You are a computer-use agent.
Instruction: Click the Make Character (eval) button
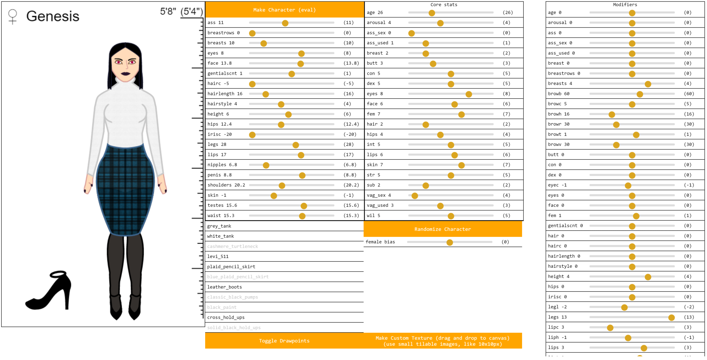pyautogui.click(x=284, y=10)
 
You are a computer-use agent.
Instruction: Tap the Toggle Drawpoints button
pyautogui.click(x=284, y=341)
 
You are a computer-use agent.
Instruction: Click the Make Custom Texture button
pyautogui.click(x=442, y=341)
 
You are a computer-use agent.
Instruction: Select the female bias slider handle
pyautogui.click(x=449, y=243)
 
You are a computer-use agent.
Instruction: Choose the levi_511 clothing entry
pyautogui.click(x=218, y=256)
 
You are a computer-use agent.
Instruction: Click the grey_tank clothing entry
pyautogui.click(x=219, y=226)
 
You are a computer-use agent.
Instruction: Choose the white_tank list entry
pyautogui.click(x=221, y=236)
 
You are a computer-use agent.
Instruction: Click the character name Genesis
pyautogui.click(x=53, y=16)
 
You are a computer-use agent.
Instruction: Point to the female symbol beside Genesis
pyautogui.click(x=13, y=17)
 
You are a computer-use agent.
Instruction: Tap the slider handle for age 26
pyautogui.click(x=432, y=13)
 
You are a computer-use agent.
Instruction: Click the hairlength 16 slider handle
pyautogui.click(x=266, y=94)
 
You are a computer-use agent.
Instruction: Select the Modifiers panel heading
pyautogui.click(x=625, y=4)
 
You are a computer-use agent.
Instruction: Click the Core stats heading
pyautogui.click(x=444, y=4)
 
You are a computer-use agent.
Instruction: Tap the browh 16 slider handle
pyautogui.click(x=612, y=115)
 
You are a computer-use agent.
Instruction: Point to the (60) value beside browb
pyautogui.click(x=689, y=94)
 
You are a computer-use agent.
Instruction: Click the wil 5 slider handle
pyautogui.click(x=451, y=216)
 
